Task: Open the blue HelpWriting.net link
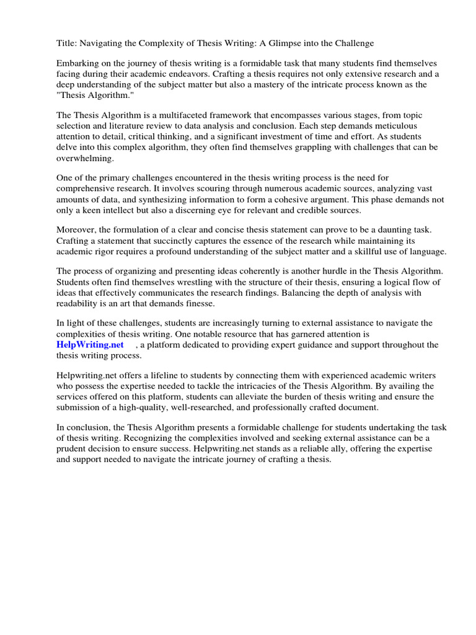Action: tap(90, 344)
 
